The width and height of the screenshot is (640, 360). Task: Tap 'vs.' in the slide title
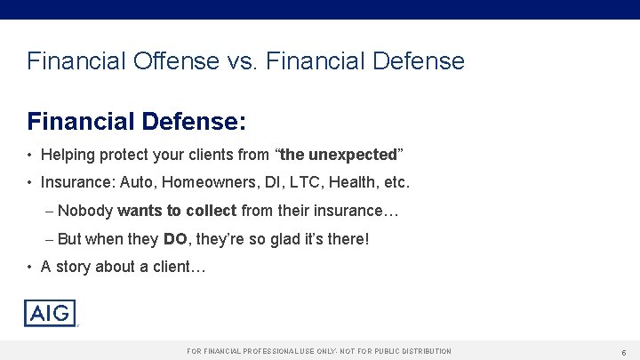(x=244, y=61)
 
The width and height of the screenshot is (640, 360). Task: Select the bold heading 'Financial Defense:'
(x=136, y=120)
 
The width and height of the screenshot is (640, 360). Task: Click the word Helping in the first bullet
(x=69, y=155)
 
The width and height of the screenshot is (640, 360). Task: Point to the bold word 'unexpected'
(x=352, y=155)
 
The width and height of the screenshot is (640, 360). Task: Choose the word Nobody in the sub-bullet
(x=84, y=211)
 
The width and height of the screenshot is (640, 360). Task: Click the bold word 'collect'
(x=209, y=211)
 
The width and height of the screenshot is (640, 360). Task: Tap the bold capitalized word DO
(x=174, y=239)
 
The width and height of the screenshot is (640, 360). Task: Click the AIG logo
(x=50, y=313)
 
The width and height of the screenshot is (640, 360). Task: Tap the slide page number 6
(x=624, y=352)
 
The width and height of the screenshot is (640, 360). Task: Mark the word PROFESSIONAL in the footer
(x=267, y=352)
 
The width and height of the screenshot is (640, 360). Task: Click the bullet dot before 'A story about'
(x=30, y=267)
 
